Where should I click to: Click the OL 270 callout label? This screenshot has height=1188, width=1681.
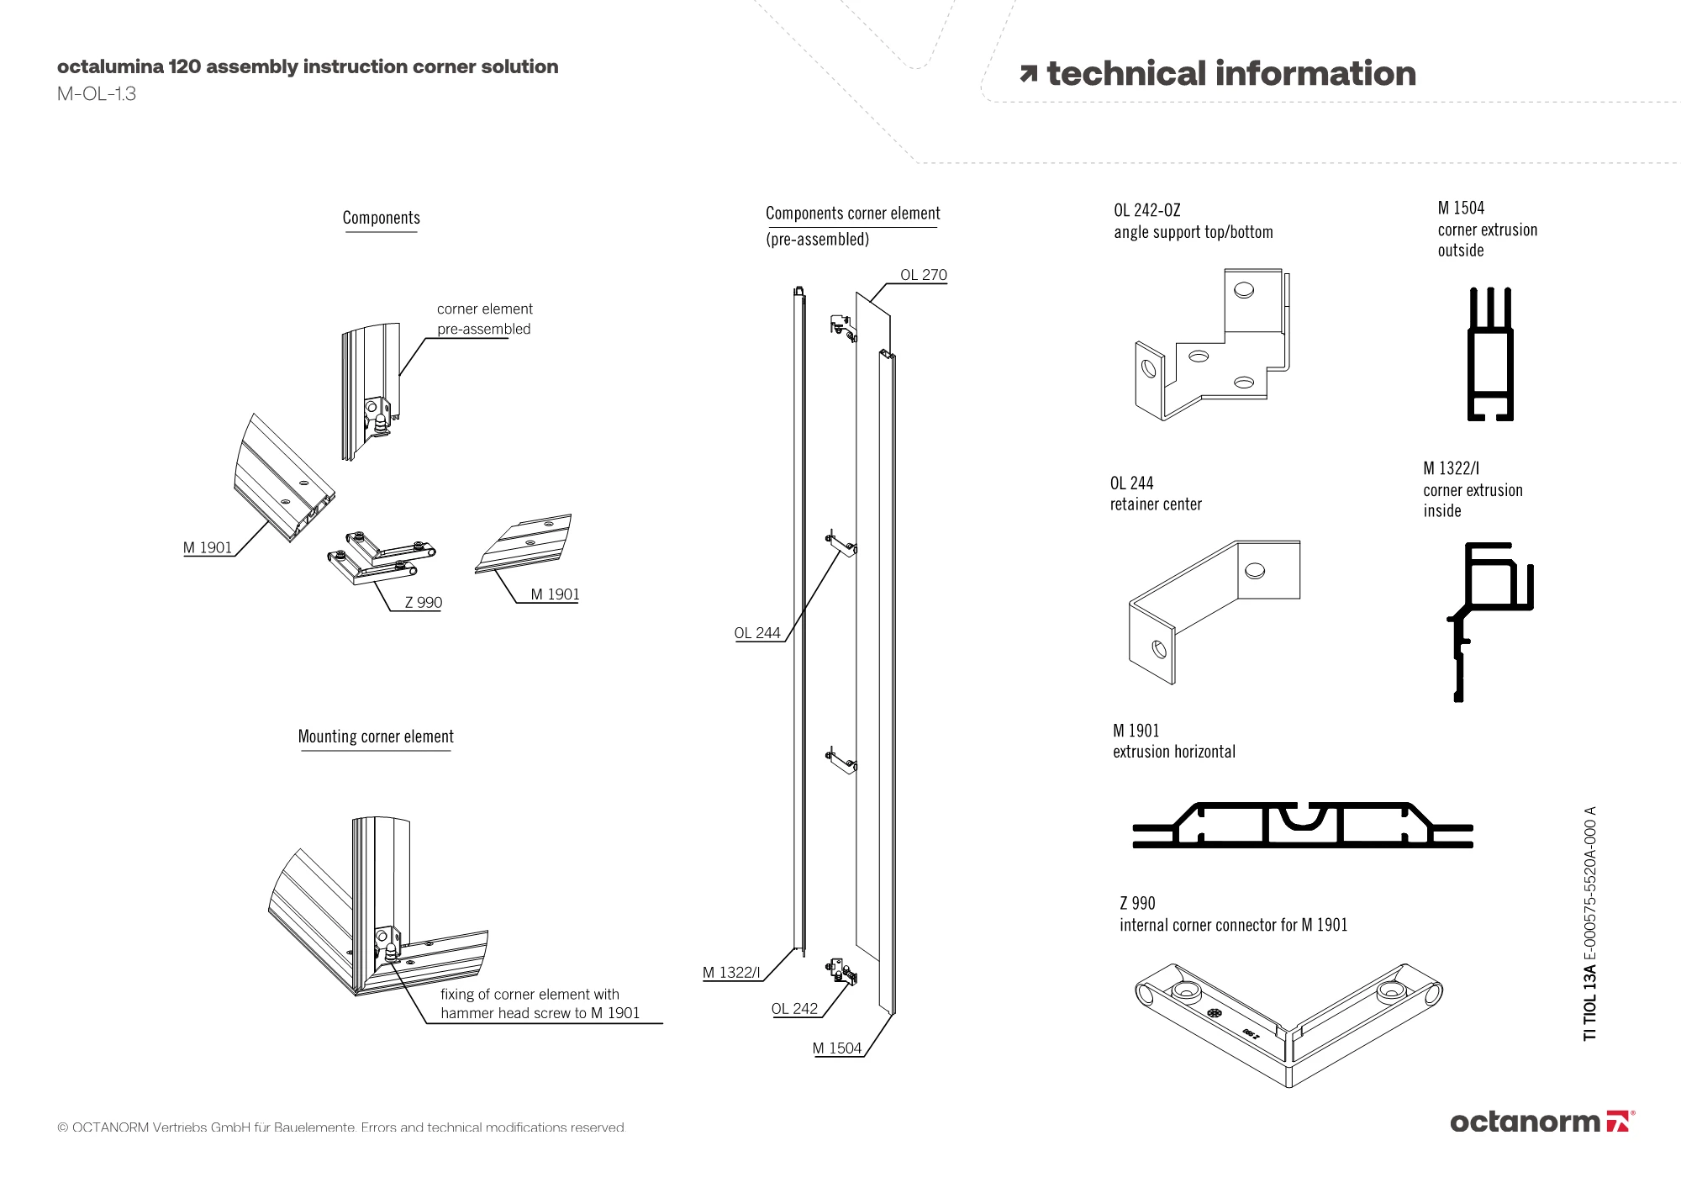coord(923,275)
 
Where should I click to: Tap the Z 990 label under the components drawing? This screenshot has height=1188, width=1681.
coord(423,602)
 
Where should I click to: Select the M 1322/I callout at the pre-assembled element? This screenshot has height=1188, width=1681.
coord(731,973)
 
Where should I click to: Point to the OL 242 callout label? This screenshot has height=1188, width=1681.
coord(794,1009)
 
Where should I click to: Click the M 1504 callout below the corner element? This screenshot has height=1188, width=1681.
coord(837,1048)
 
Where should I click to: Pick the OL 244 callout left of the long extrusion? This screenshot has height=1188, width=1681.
coord(757,633)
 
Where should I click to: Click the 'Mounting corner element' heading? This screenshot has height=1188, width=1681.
coord(376,737)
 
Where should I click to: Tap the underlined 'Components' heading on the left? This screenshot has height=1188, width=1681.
coord(381,218)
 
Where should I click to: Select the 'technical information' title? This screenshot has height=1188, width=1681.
coord(1230,74)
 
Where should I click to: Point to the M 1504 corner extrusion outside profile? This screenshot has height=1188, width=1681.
coord(1490,354)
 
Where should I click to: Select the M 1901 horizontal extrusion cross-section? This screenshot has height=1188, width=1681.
coord(1302,826)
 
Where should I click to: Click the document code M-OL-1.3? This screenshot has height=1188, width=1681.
coord(97,94)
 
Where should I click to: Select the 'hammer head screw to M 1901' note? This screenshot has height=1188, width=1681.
coord(540,1013)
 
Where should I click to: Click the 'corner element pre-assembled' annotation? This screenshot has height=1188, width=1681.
coord(484,319)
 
